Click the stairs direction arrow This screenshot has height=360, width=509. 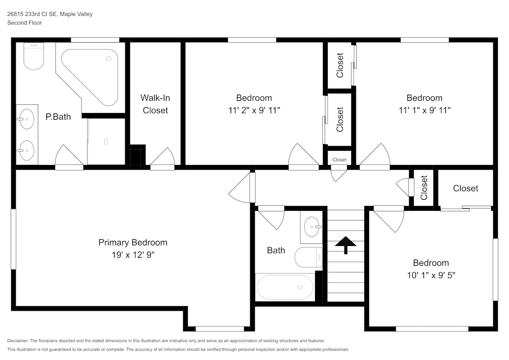point(346,245)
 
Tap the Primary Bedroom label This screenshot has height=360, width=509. point(133,242)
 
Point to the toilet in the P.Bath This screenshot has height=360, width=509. point(34,58)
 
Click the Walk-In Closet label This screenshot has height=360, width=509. point(155,104)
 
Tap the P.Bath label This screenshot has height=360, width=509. point(58,117)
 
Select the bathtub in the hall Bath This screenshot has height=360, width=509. point(285,287)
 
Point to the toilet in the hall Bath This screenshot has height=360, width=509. point(308,258)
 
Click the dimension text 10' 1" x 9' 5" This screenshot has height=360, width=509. point(431,275)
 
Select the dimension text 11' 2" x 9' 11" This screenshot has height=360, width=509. point(254,110)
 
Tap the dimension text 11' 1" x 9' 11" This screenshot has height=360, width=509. point(424,110)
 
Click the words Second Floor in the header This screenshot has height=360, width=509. point(24,23)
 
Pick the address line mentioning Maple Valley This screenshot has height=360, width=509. point(49,14)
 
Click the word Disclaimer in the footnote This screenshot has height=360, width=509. point(18,341)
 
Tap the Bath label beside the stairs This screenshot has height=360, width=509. point(276,250)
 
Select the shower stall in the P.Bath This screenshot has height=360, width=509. point(106,141)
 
